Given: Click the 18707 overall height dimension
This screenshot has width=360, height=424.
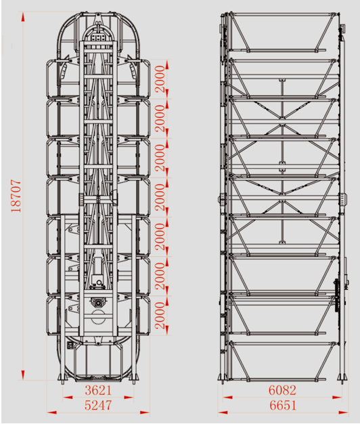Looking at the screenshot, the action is [16, 196].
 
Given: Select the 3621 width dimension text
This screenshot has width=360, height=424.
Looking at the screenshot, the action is [98, 390].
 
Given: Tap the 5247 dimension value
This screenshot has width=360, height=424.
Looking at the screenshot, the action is [98, 405].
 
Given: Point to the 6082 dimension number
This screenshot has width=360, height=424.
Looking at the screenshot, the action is [282, 390].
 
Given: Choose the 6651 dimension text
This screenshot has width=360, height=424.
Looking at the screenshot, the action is [283, 405].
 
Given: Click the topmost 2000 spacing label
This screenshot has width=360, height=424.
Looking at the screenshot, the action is [160, 79].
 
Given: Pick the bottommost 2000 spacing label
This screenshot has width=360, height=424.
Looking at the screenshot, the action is [160, 316].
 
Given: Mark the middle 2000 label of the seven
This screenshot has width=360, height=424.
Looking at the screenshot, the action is [160, 197].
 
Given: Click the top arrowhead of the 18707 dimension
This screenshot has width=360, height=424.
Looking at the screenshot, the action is [23, 17].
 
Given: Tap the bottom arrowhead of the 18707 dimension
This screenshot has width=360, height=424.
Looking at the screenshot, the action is [23, 375].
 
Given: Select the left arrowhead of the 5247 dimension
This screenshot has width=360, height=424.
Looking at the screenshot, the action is [52, 412].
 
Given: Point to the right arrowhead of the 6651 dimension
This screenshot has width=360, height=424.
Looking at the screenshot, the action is [343, 412].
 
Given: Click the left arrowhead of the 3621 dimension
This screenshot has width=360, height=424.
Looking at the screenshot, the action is [68, 398].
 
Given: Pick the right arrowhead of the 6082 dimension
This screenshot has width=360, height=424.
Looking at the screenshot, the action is [337, 398].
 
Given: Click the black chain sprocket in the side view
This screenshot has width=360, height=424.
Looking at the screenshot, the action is [336, 295].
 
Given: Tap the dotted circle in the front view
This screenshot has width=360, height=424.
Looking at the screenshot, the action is [97, 317].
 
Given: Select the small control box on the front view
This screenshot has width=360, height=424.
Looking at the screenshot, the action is [70, 345].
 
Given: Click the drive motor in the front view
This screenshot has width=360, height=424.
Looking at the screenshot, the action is [97, 302].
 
